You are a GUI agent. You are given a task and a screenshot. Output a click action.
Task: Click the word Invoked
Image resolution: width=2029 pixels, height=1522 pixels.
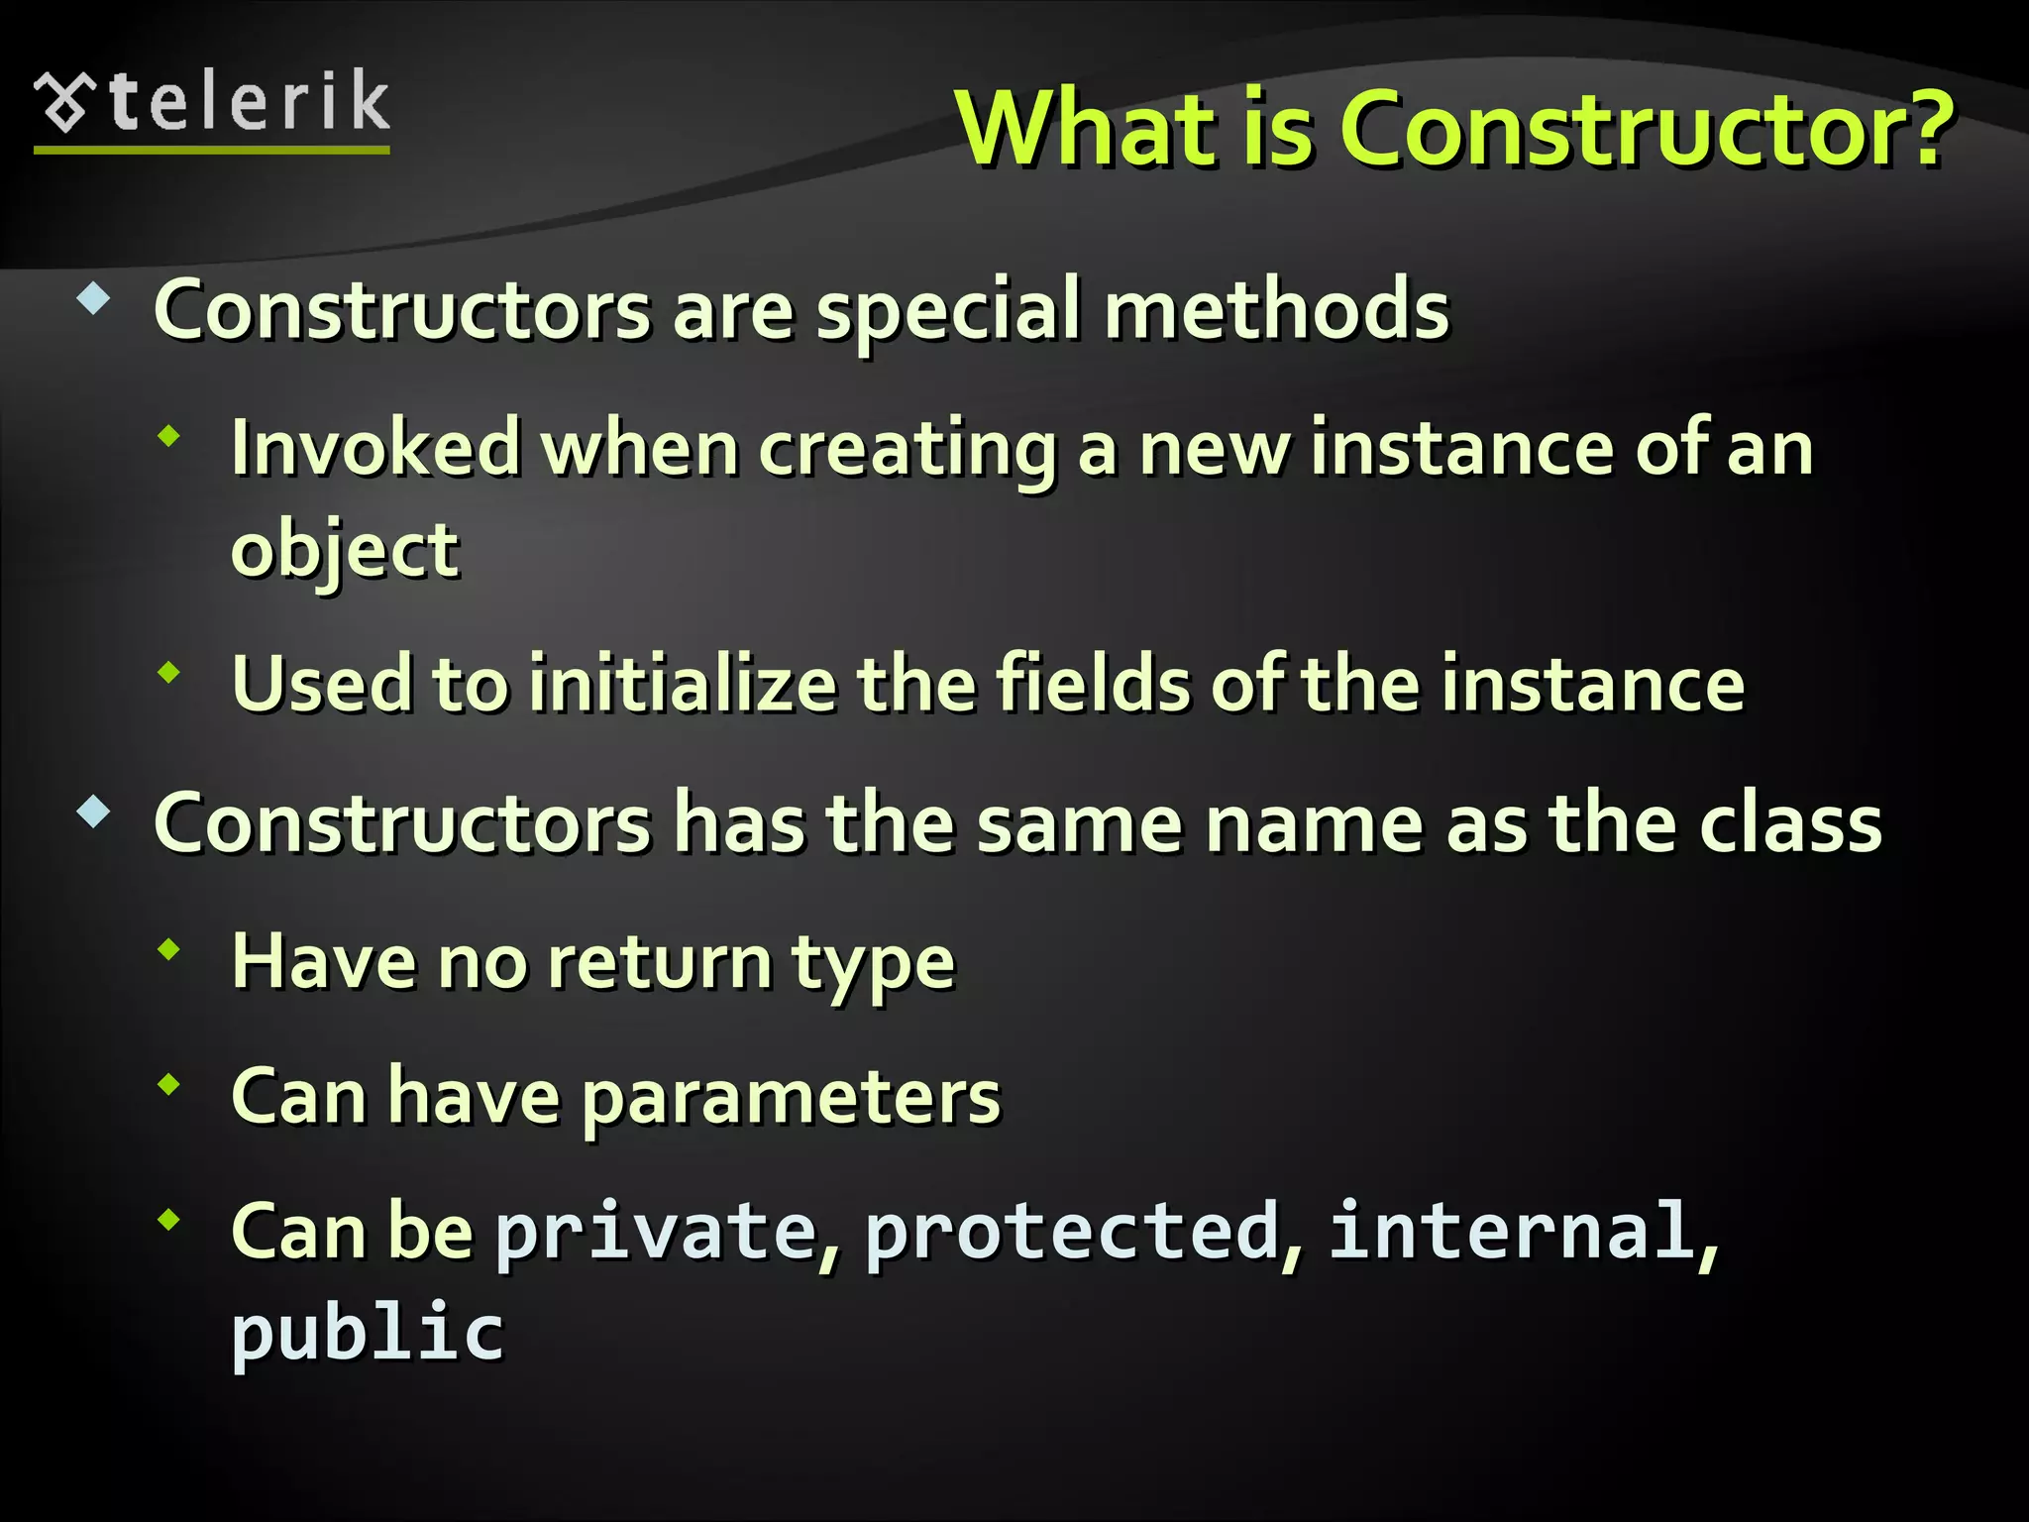pyautogui.click(x=375, y=449)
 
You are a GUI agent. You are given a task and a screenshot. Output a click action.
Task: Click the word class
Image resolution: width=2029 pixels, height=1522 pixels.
pyautogui.click(x=1790, y=823)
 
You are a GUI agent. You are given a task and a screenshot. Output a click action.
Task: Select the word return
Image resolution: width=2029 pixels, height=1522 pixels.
pyautogui.click(x=660, y=962)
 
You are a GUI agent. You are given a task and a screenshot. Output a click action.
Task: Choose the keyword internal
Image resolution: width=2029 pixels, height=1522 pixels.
pyautogui.click(x=1512, y=1231)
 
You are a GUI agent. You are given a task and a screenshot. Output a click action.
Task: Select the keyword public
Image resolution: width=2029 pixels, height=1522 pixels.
pyautogui.click(x=368, y=1334)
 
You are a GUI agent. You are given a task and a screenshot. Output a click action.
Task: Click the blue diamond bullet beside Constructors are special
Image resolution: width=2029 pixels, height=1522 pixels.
pyautogui.click(x=93, y=298)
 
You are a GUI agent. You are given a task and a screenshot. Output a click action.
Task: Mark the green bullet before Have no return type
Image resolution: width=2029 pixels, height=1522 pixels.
pyautogui.click(x=169, y=950)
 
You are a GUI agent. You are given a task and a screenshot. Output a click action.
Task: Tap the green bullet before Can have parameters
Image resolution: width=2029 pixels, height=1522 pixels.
pyautogui.click(x=169, y=1085)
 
